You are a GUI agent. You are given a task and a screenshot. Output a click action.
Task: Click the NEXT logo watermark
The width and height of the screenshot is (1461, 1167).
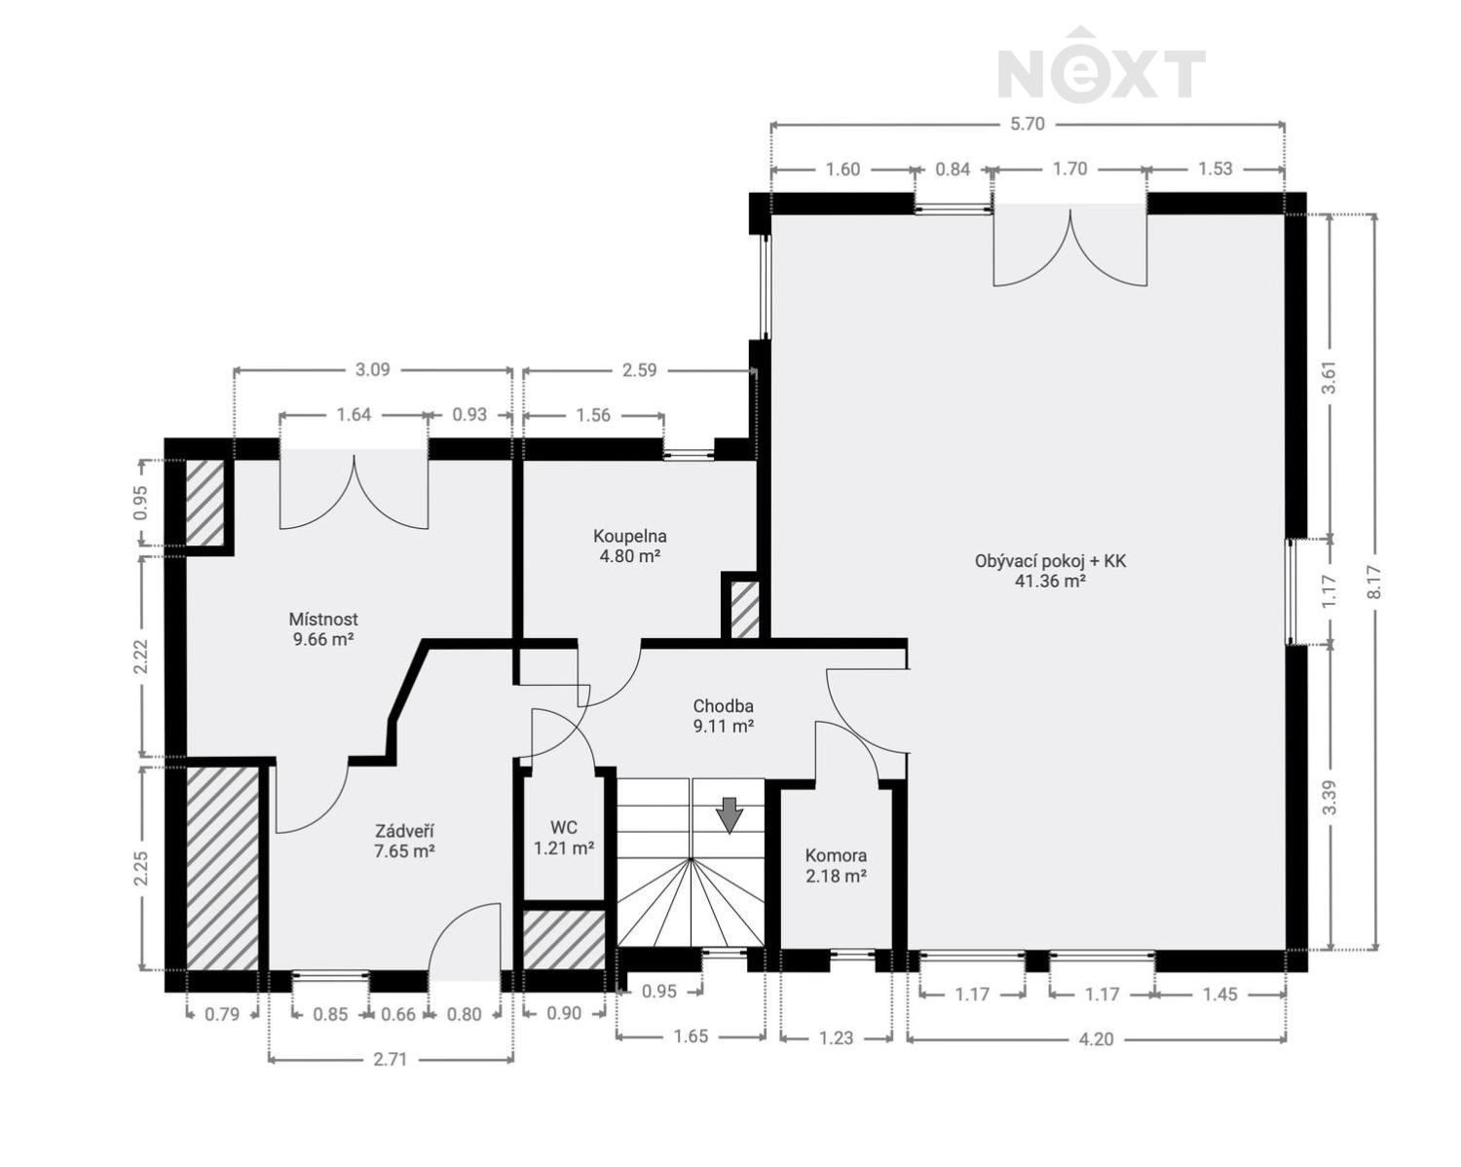(1102, 65)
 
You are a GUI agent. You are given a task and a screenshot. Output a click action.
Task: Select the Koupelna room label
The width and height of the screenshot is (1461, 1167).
(630, 537)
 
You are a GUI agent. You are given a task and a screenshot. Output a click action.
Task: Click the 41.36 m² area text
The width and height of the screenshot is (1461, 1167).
(1050, 582)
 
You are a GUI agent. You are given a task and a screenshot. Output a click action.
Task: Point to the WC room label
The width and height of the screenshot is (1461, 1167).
(564, 828)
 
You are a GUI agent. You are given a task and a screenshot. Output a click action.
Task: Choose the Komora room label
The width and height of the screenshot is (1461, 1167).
(836, 855)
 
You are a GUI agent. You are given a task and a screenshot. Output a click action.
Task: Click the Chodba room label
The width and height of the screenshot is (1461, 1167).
(723, 706)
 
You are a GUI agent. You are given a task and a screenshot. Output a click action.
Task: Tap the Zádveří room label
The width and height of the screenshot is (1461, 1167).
(404, 831)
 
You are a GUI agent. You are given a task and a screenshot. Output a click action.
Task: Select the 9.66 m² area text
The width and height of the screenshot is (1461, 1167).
(323, 639)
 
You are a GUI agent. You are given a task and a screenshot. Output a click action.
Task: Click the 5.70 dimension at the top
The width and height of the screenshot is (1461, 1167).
(1028, 125)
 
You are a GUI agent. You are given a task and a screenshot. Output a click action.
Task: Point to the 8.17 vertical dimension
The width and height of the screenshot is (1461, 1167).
(1373, 583)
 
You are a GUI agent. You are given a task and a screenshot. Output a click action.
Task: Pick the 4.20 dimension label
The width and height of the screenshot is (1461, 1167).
(1096, 1039)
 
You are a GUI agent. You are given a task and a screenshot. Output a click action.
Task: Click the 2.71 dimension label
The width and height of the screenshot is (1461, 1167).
(390, 1060)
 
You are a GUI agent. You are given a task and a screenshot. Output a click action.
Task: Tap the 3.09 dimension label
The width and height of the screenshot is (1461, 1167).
(373, 370)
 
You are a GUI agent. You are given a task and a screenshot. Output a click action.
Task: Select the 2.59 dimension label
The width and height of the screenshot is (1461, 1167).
(640, 370)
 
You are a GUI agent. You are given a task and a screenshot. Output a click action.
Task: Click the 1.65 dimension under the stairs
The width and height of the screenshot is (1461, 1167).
(691, 1036)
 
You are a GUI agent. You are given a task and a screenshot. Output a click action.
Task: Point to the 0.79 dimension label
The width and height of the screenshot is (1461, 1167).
(222, 1014)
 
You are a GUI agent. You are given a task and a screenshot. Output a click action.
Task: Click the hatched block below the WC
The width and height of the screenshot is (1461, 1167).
(564, 940)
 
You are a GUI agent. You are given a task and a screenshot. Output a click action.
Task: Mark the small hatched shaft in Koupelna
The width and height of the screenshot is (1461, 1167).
(745, 610)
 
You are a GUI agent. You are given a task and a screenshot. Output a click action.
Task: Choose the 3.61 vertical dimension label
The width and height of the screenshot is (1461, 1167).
(1329, 377)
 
